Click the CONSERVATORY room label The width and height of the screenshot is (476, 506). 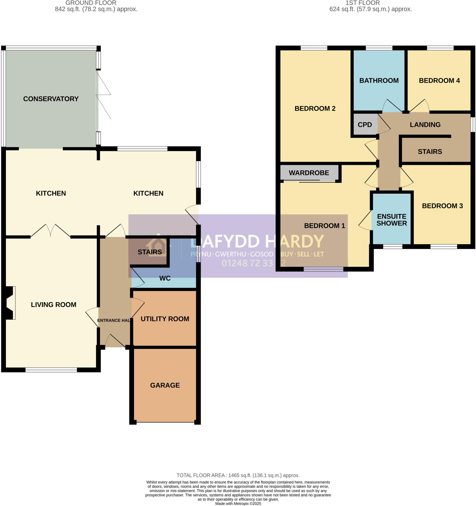pos(51,99)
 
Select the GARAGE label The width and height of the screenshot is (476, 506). pos(165,385)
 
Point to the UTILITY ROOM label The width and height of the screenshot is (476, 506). pos(165,319)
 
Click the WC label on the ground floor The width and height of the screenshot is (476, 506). pos(165,278)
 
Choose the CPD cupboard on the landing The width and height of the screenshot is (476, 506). pos(365,125)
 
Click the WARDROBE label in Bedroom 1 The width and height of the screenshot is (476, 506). pos(309,173)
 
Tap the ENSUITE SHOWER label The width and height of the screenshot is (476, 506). pos(391,220)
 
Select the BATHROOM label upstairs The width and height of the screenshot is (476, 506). pos(379,81)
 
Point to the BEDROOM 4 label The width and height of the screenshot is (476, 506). pos(439,81)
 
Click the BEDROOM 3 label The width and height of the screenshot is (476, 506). pos(442,206)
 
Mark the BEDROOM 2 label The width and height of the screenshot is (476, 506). pos(315,108)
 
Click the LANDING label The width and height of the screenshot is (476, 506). pos(425,125)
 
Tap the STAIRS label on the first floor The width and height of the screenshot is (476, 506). pos(430,151)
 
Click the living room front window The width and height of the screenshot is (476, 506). pos(51,370)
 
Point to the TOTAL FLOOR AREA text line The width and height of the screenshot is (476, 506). pos(238,475)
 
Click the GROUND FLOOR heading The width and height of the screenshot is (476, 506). pos(91,3)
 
